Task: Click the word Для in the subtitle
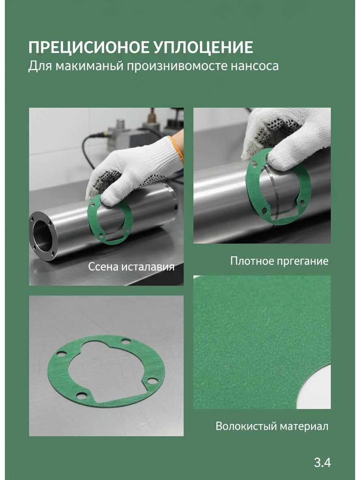click(40, 66)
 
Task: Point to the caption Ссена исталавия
click(131, 267)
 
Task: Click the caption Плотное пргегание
click(279, 261)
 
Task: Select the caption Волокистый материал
click(272, 426)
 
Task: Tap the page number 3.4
click(322, 463)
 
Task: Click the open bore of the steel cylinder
click(41, 236)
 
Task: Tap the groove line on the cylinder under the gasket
click(272, 193)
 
